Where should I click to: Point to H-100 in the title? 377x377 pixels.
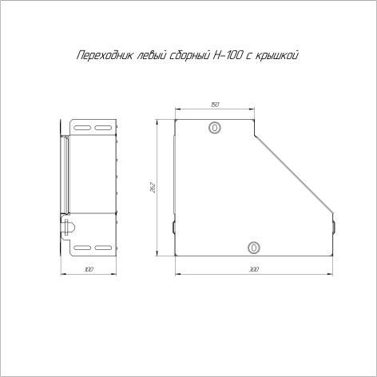pos(227,55)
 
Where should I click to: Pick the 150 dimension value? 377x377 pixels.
pos(215,105)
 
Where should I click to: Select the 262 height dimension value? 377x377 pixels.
pos(153,188)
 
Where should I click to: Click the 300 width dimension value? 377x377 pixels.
pos(254,269)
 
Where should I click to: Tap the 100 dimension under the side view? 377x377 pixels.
pos(89,269)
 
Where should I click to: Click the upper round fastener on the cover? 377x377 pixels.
pos(215,128)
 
